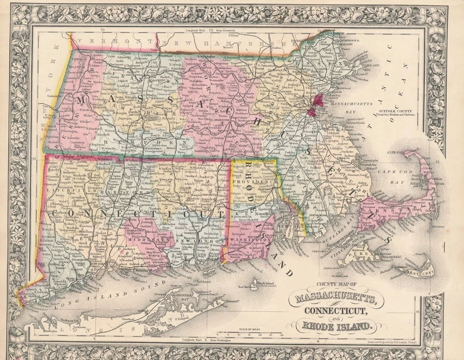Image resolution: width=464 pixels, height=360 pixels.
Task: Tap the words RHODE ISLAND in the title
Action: point(338,327)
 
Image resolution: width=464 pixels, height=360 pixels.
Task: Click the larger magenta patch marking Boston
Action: point(318,100)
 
